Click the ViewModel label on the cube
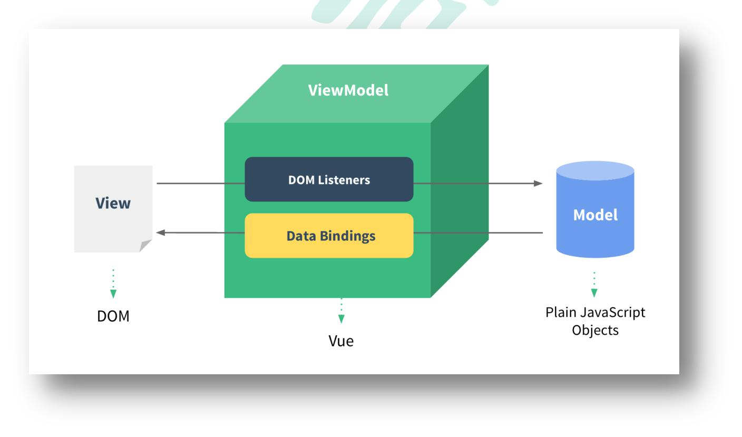point(348,90)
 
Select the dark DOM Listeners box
point(329,179)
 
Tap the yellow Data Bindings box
point(329,236)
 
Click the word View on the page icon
point(113,203)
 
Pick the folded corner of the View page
point(145,246)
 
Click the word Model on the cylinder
point(595,215)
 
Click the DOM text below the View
point(113,316)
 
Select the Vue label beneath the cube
point(341,341)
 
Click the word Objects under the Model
point(595,330)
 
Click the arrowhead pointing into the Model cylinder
point(538,183)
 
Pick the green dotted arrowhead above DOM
point(113,294)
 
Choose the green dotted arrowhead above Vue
point(341,318)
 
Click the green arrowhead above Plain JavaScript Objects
point(594,293)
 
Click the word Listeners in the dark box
point(345,180)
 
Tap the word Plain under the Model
point(560,313)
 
